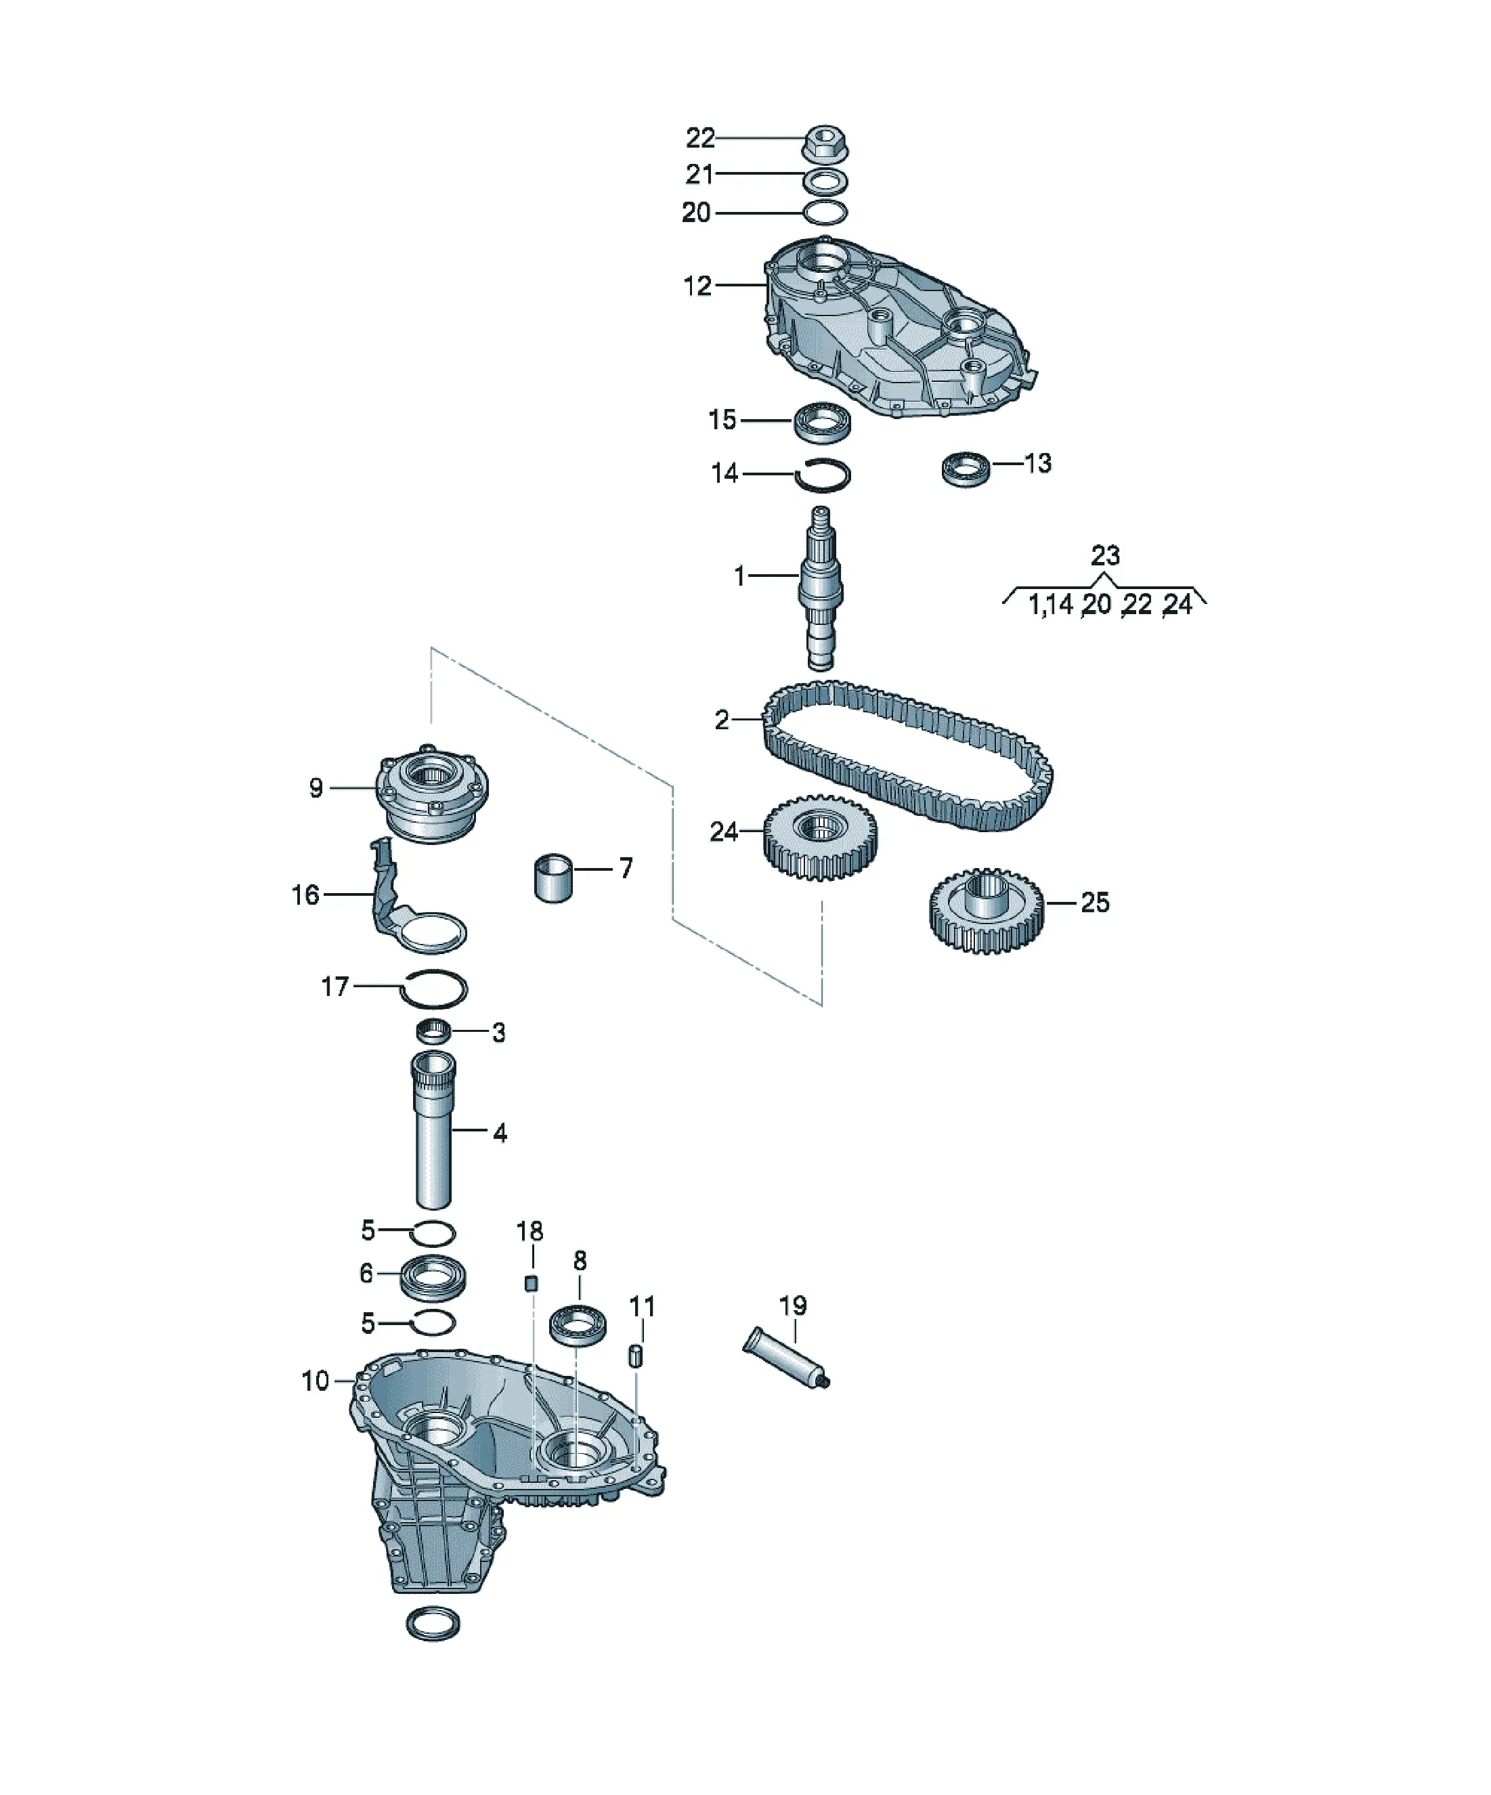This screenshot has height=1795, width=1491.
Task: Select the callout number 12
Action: click(697, 286)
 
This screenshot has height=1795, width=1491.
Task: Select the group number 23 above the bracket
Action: click(1104, 556)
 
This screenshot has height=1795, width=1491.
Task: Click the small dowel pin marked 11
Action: click(636, 1356)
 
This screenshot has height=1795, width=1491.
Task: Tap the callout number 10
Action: click(316, 1381)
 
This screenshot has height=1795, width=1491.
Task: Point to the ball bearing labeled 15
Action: click(821, 423)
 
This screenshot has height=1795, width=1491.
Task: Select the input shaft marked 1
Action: click(821, 588)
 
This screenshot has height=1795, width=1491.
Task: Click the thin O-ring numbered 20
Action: click(825, 212)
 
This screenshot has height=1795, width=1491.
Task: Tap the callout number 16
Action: click(305, 895)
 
